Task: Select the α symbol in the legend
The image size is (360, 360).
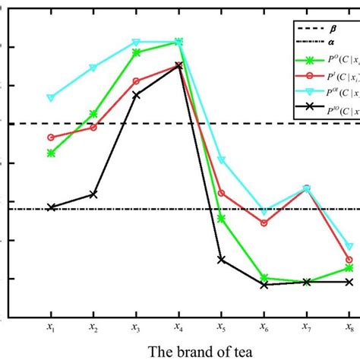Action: tap(327, 41)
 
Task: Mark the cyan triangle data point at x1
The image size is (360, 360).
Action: tap(51, 98)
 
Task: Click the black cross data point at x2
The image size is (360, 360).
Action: tap(93, 194)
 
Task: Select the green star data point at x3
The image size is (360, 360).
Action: tap(136, 52)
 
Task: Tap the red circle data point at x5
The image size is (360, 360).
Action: tap(221, 193)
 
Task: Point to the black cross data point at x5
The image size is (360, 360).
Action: tap(221, 260)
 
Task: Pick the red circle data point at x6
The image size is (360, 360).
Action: tap(264, 223)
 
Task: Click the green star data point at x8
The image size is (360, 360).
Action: tap(349, 267)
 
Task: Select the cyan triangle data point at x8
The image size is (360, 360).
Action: tap(349, 247)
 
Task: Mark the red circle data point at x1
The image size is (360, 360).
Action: tap(51, 137)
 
